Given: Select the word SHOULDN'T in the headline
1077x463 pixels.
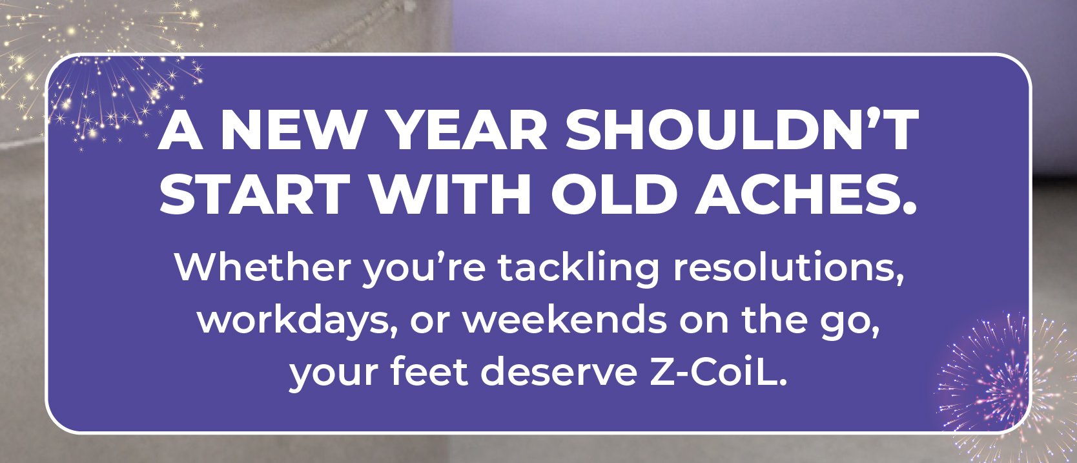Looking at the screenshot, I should click(x=741, y=130).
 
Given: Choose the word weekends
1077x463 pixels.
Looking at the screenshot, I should click(x=565, y=319).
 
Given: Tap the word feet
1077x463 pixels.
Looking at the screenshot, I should click(x=429, y=372).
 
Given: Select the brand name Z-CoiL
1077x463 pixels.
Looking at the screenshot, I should click(x=718, y=373).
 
